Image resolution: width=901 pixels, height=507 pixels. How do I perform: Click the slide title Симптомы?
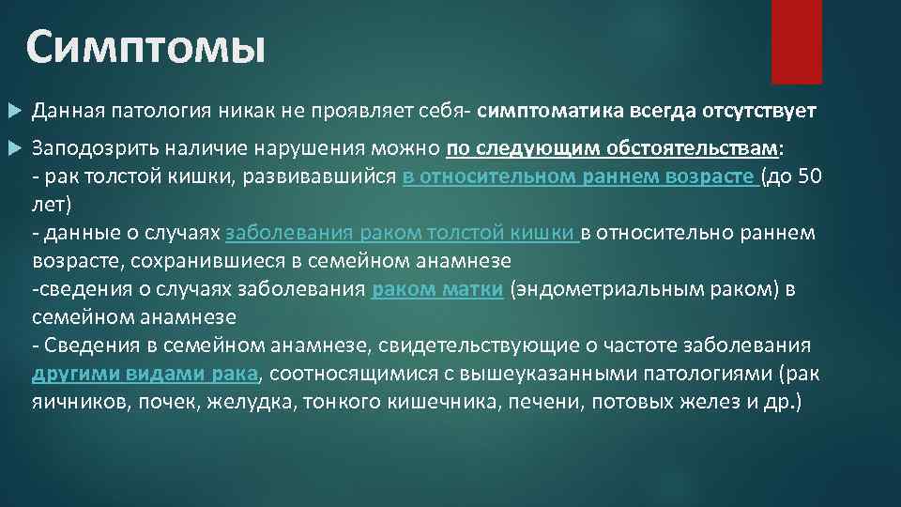tap(145, 47)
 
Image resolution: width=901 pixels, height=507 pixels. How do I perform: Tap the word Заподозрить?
tap(89, 148)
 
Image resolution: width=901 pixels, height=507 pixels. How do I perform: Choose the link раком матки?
tap(436, 290)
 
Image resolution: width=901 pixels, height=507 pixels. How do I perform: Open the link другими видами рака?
tap(145, 374)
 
